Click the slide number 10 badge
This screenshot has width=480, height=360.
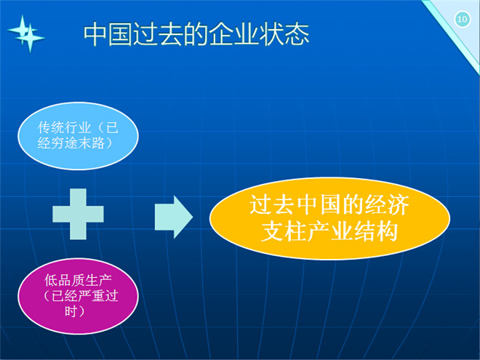click(463, 19)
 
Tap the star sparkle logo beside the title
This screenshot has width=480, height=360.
click(26, 33)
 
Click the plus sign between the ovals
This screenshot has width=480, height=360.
click(78, 214)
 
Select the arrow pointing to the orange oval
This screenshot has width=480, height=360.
click(174, 217)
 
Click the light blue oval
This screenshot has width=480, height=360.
click(78, 135)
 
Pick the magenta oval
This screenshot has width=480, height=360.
click(78, 296)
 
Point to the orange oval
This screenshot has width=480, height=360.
click(329, 218)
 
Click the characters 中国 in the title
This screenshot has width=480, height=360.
click(108, 34)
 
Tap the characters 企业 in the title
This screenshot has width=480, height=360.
click(234, 34)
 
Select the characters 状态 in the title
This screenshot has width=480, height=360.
click(284, 34)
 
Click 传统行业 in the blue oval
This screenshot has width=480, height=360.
click(64, 127)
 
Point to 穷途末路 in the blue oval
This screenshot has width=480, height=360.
click(77, 143)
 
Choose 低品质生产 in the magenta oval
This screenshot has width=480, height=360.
click(78, 281)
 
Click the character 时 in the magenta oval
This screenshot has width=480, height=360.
click(71, 311)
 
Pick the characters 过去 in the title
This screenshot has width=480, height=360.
click(159, 34)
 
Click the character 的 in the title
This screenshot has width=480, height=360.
click(196, 34)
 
